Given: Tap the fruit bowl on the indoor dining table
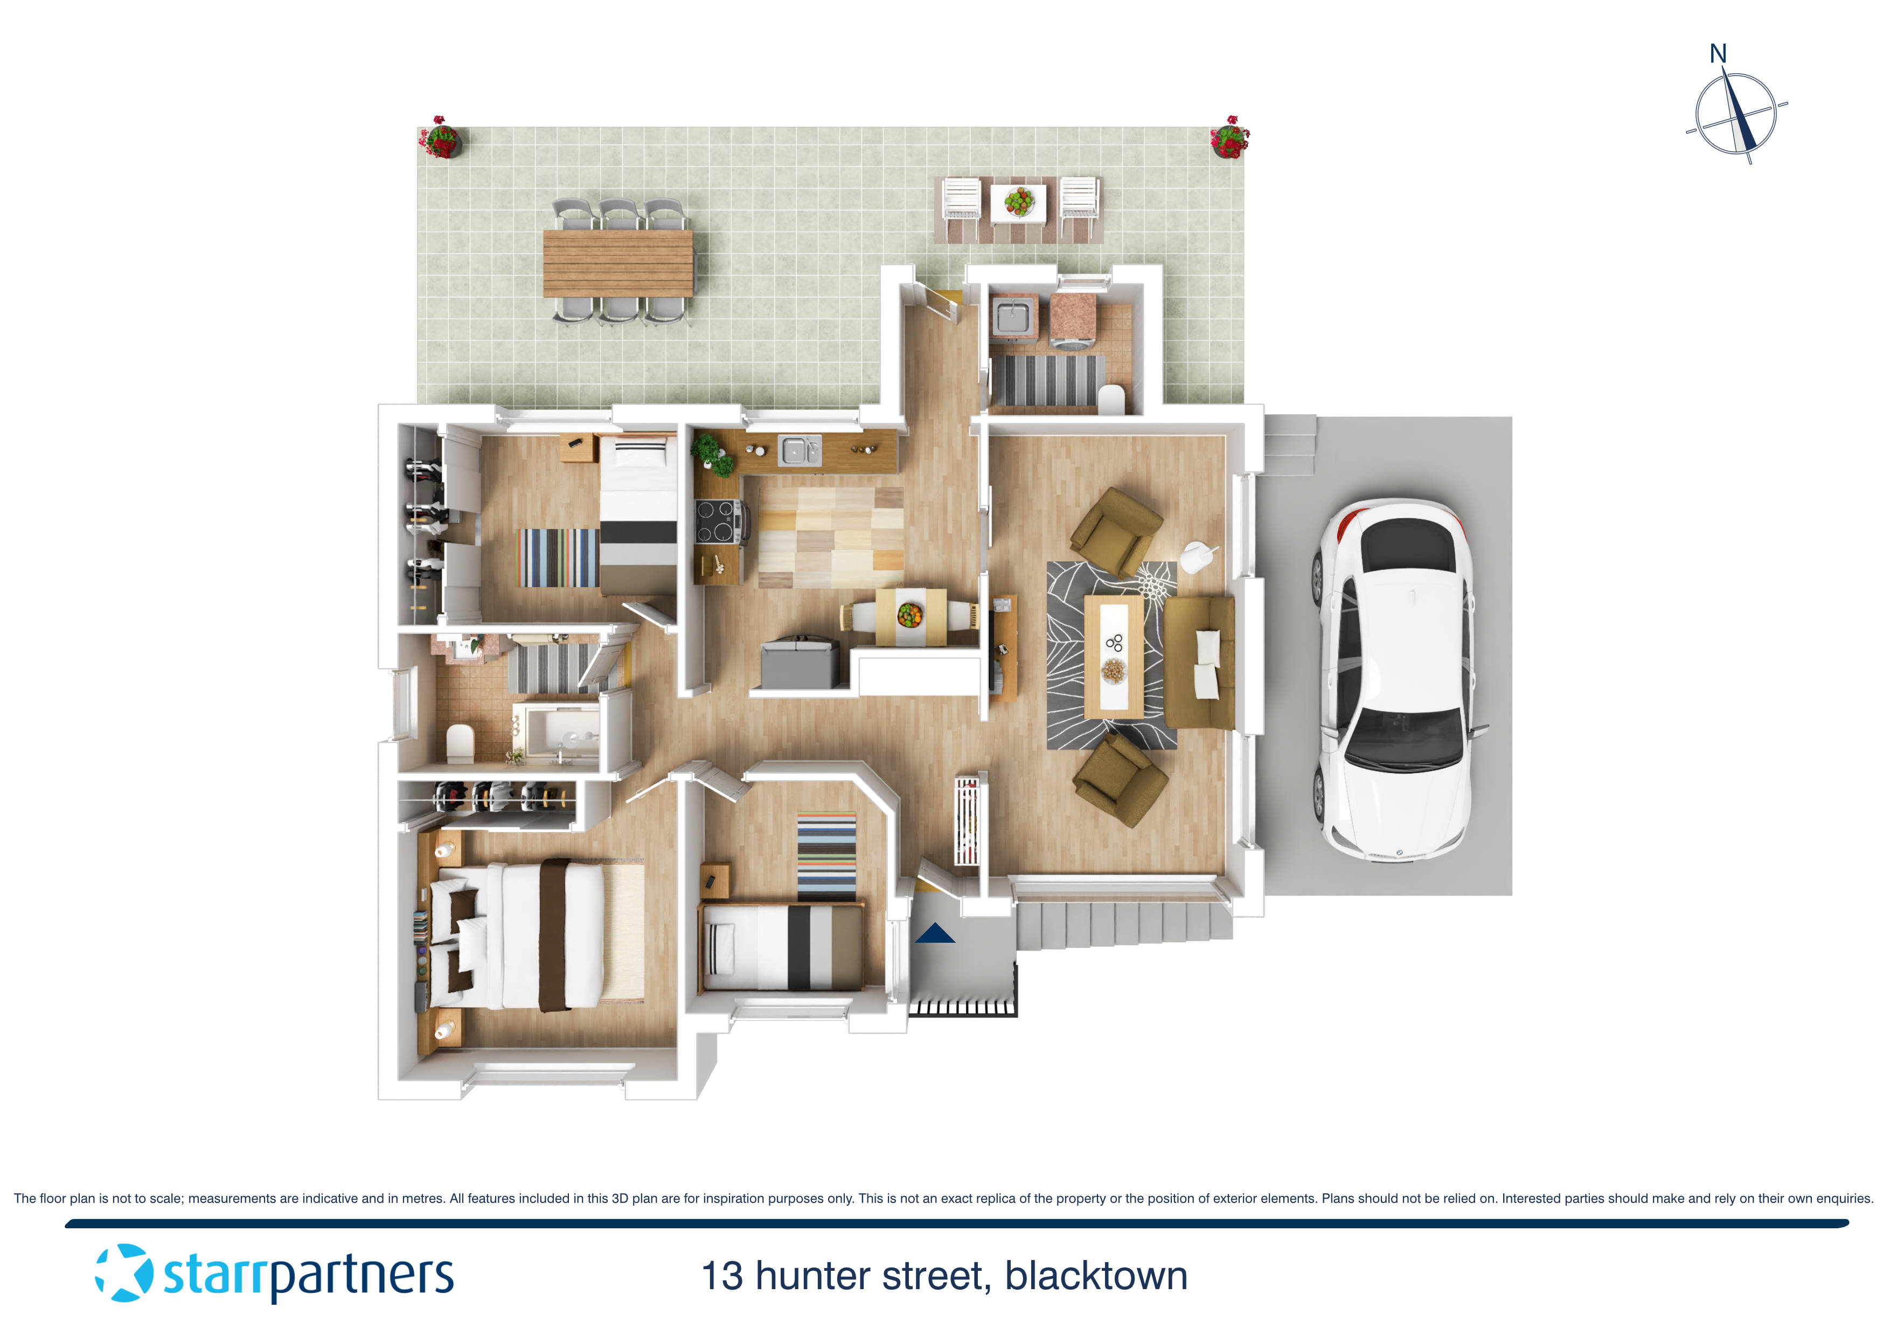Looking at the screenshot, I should pyautogui.click(x=909, y=614).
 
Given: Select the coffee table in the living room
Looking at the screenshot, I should pyautogui.click(x=1113, y=656).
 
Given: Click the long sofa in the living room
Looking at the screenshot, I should pyautogui.click(x=1199, y=663).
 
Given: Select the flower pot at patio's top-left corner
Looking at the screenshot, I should pyautogui.click(x=440, y=137).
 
